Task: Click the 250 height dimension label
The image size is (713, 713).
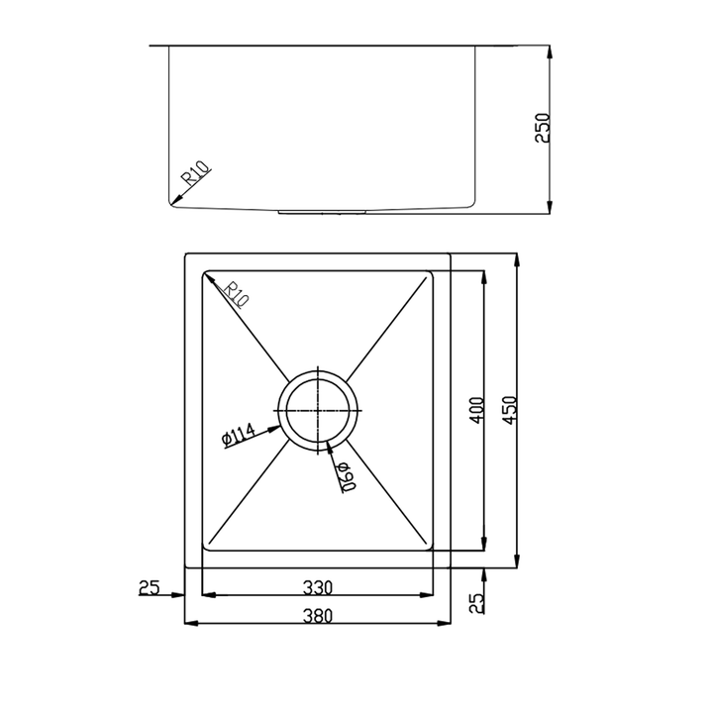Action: point(542,128)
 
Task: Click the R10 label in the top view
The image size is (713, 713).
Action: point(237,295)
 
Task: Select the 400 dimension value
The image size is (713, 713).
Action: point(476,410)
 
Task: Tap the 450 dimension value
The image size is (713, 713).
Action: point(510,410)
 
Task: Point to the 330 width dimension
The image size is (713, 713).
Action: point(318,587)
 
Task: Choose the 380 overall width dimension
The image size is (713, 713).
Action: point(318,616)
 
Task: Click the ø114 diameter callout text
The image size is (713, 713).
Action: point(239,434)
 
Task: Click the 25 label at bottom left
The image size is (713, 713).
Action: point(150,587)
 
